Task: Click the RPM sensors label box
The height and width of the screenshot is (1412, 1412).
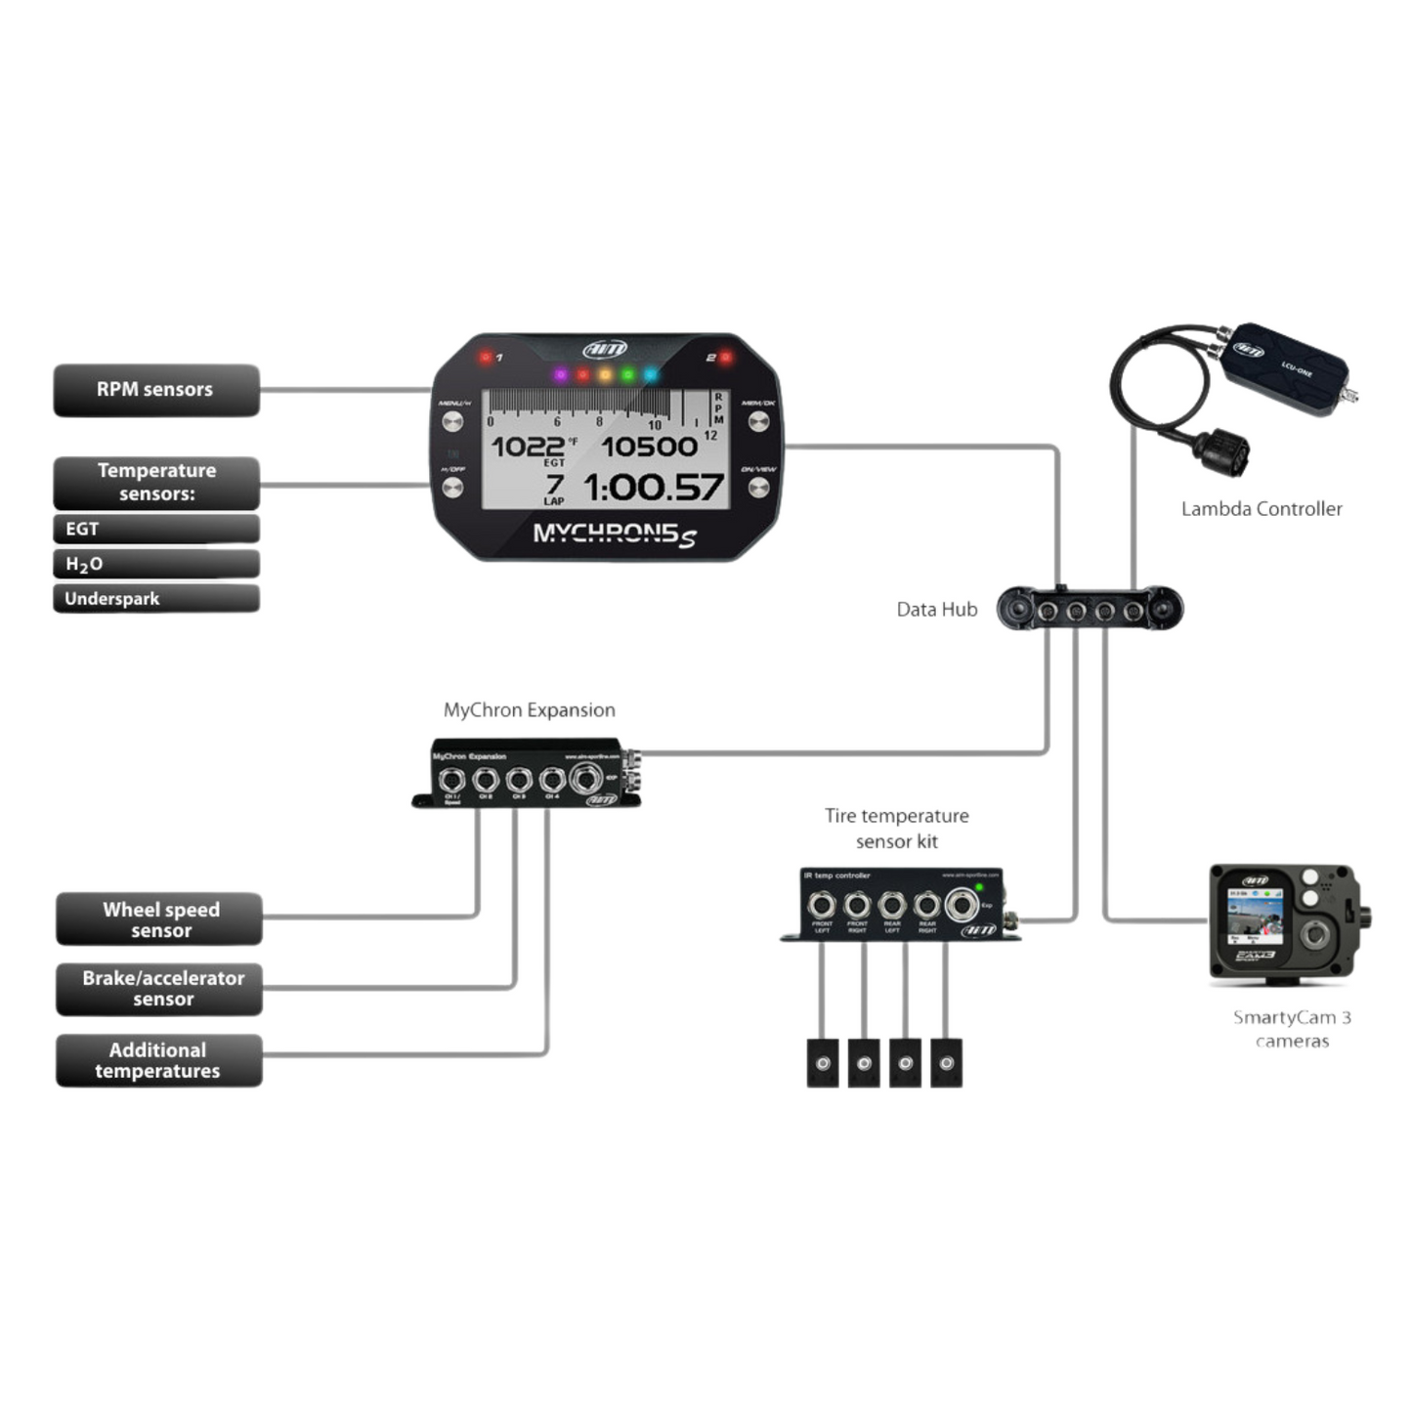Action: [156, 390]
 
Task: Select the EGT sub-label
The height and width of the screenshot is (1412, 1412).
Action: [156, 529]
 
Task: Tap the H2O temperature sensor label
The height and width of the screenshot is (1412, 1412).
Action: [156, 564]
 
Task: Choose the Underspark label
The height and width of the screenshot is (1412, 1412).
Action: [156, 598]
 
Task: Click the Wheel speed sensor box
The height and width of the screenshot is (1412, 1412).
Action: [159, 920]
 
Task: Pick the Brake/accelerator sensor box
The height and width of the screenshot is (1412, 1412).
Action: [159, 988]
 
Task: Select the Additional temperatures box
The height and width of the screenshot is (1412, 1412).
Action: [159, 1060]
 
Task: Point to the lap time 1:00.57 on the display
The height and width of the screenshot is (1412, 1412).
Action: [653, 487]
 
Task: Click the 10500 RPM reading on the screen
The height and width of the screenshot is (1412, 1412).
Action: [649, 447]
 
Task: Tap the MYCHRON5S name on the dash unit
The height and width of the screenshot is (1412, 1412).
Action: [614, 535]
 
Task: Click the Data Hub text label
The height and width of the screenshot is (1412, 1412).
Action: [936, 610]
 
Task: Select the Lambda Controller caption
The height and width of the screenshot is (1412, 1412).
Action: [1261, 508]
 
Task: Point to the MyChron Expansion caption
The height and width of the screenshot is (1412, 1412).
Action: [529, 710]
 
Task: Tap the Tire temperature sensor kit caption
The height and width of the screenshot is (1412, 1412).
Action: [896, 828]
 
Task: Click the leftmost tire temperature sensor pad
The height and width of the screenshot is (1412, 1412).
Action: [823, 1062]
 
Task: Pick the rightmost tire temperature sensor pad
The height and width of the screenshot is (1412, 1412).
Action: [946, 1062]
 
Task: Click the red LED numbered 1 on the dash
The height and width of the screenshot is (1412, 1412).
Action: [486, 357]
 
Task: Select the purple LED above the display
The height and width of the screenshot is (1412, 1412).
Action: [560, 374]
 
